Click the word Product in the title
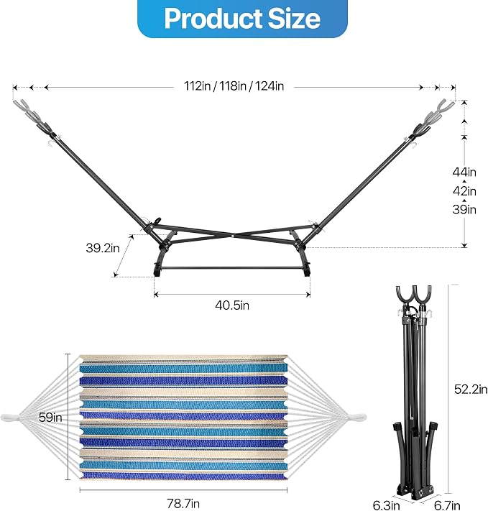tap(213, 18)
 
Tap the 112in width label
tap(197, 86)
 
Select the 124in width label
tap(270, 86)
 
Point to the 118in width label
tap(233, 86)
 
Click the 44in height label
tap(464, 172)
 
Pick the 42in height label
tap(464, 190)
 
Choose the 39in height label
tap(464, 209)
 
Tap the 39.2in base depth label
tap(103, 248)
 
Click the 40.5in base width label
tap(232, 305)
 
